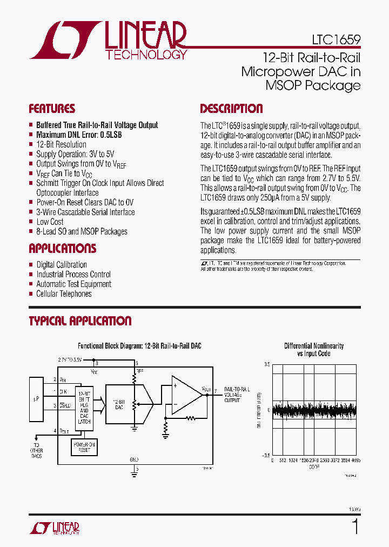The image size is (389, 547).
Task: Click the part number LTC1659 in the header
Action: (336, 40)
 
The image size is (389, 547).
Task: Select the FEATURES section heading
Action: (52, 109)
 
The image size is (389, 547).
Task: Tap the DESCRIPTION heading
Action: (231, 109)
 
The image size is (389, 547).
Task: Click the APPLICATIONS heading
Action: (62, 249)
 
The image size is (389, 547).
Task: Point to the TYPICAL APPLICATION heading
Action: (80, 321)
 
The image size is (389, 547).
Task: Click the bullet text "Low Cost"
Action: (50, 222)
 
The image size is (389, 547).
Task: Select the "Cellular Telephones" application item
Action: (64, 294)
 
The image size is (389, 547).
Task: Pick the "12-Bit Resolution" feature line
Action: (61, 144)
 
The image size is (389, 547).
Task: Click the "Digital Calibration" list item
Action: (62, 265)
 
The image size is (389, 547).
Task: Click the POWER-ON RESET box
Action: (84, 446)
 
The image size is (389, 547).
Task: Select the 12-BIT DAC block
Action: (119, 404)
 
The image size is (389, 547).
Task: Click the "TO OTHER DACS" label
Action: (37, 451)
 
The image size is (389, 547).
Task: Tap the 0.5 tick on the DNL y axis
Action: (267, 365)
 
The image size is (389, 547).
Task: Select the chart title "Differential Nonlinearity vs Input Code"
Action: (314, 349)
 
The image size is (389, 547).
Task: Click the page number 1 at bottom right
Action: (355, 525)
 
